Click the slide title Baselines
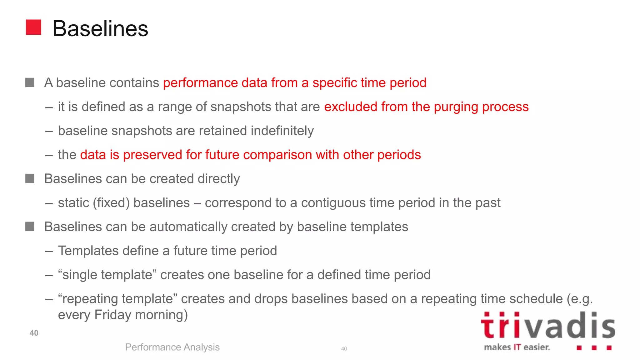tap(100, 29)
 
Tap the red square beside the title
tap(33, 27)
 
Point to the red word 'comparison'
tap(277, 155)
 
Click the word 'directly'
tap(218, 179)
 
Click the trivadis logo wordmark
tap(547, 326)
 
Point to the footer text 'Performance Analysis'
tap(172, 347)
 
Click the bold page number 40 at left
tap(34, 333)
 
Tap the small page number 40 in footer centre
tap(344, 349)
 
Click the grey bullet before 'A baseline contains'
tap(30, 83)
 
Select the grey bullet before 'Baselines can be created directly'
tap(30, 179)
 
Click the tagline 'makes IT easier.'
tap(517, 347)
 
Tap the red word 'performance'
tap(200, 83)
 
